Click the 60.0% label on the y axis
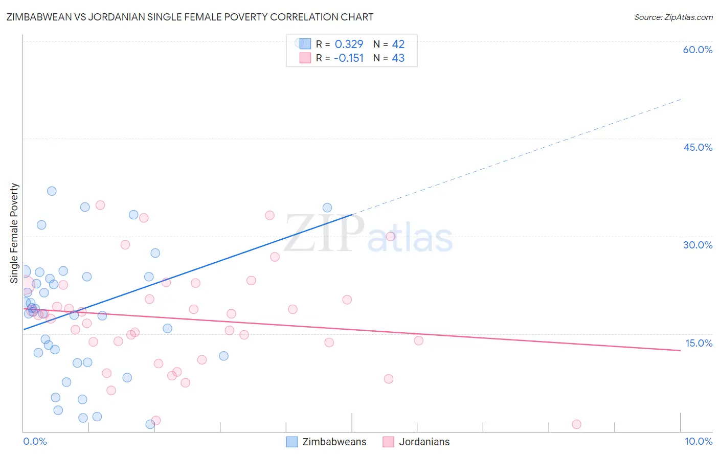[698, 50]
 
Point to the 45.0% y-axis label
[698, 147]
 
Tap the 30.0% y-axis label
[698, 245]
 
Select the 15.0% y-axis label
[699, 343]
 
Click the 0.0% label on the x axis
[35, 441]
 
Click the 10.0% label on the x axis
[699, 441]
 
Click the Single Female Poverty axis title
[14, 233]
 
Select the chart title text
[190, 17]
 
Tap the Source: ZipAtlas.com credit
[673, 17]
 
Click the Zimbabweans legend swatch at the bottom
[291, 442]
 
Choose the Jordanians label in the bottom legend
[424, 442]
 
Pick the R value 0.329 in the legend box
[349, 44]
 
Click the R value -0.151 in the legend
[348, 58]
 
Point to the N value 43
[398, 58]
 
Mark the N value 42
[398, 44]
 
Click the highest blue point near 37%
[52, 191]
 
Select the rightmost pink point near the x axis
[576, 424]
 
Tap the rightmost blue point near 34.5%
[327, 208]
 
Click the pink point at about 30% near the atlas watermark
[391, 236]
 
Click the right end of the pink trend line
[680, 350]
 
